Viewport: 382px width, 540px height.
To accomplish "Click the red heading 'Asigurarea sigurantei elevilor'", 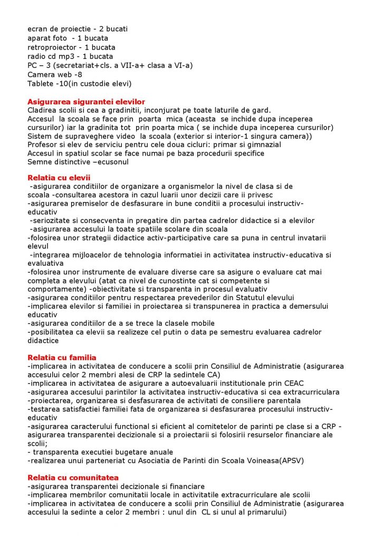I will coord(86,102).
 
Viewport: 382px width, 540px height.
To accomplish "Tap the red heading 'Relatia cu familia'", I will coord(62,358).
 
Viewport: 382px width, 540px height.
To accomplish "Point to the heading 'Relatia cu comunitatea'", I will coord(73,478).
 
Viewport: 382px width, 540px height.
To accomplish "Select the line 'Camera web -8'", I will coord(55,74).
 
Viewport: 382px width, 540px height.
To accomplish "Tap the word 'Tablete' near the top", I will coord(41,83).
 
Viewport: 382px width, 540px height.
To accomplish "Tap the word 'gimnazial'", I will coord(263,144).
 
